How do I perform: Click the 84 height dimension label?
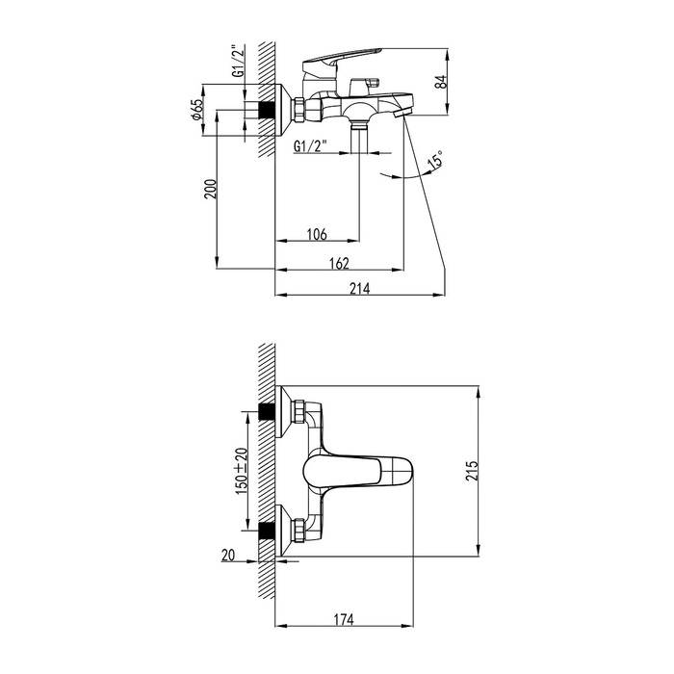[441, 82]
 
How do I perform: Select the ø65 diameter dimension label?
[196, 110]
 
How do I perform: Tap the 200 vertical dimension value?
[211, 189]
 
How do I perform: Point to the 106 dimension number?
[317, 234]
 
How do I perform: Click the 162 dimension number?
[339, 263]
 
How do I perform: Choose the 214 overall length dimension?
[360, 289]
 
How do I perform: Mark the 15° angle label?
[435, 160]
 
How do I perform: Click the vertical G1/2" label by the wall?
[239, 61]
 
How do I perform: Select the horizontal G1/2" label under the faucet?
[310, 146]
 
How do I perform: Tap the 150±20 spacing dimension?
[242, 471]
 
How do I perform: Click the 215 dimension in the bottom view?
[472, 471]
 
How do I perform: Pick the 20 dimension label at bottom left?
[228, 556]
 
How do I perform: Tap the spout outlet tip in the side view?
[402, 114]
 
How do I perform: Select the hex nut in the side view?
[298, 110]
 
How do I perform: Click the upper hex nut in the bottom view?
[298, 411]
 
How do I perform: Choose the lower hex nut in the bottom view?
[298, 530]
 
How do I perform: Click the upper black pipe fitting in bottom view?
[267, 411]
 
